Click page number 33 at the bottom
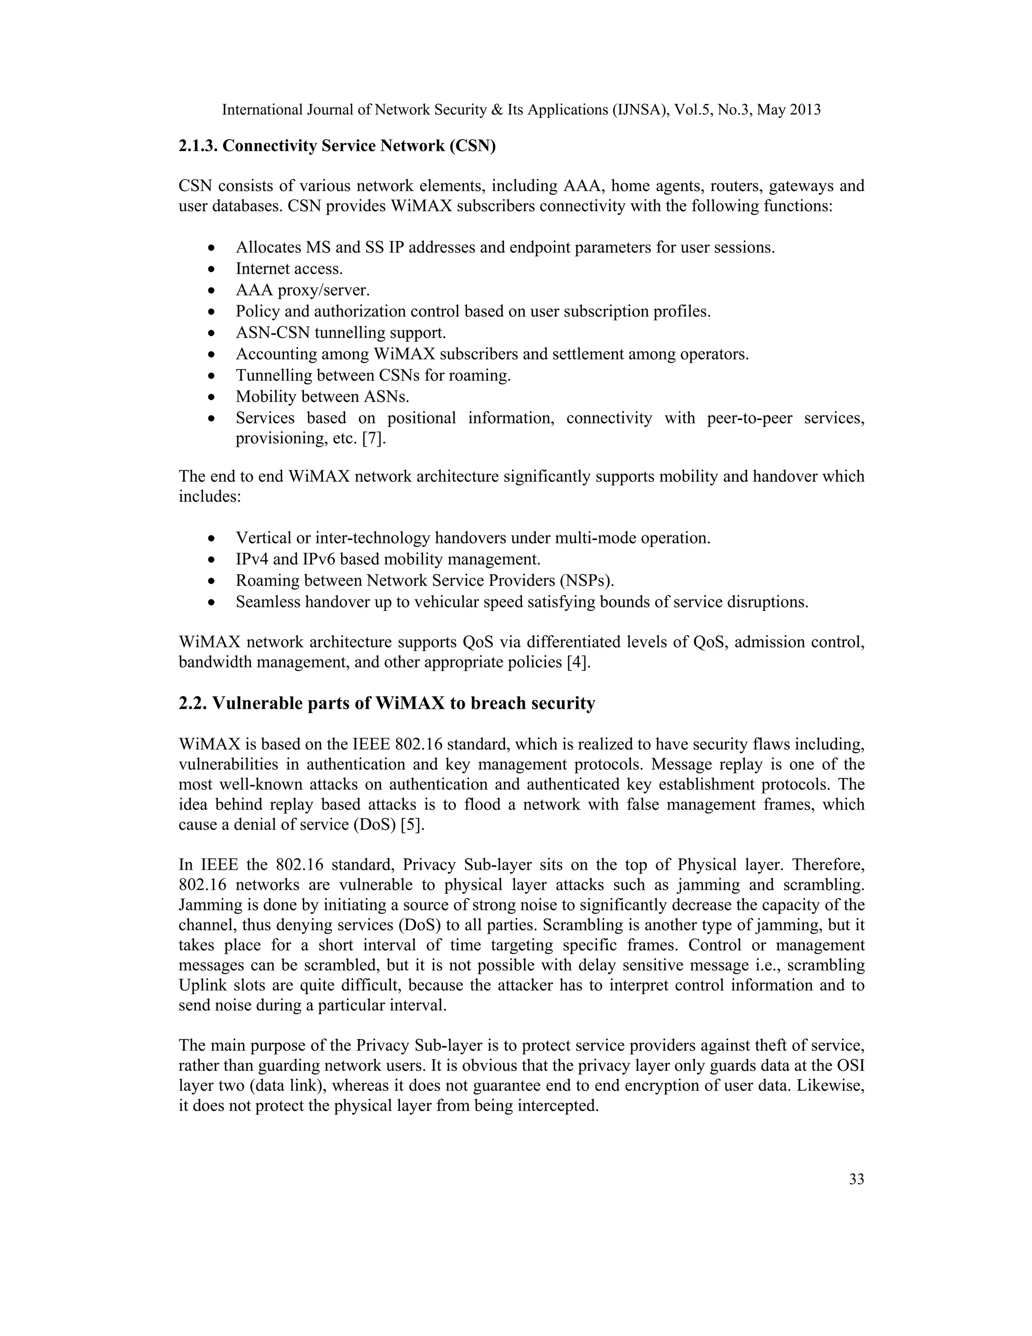point(856,1179)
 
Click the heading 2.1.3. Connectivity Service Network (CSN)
point(337,146)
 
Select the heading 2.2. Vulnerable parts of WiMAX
point(386,703)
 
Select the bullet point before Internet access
point(212,270)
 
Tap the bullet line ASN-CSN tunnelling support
point(341,333)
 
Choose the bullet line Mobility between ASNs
point(322,396)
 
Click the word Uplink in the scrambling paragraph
point(199,986)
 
